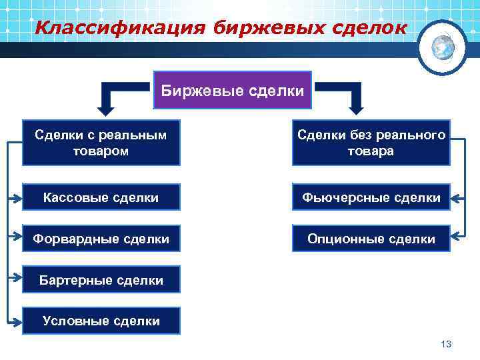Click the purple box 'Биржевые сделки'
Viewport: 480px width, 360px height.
[x=233, y=90]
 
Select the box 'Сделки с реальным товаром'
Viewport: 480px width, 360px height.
[x=101, y=143]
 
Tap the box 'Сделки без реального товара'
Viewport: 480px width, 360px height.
[x=371, y=143]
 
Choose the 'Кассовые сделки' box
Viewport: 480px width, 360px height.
[x=101, y=197]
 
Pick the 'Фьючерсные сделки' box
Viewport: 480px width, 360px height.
[x=371, y=197]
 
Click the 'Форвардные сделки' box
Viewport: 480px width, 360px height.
[x=101, y=238]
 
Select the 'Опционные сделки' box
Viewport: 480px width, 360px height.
[x=371, y=238]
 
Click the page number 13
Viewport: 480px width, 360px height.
[x=446, y=343]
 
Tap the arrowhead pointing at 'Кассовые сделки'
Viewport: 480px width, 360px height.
[x=17, y=197]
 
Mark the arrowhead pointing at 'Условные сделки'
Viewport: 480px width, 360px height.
[x=17, y=321]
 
